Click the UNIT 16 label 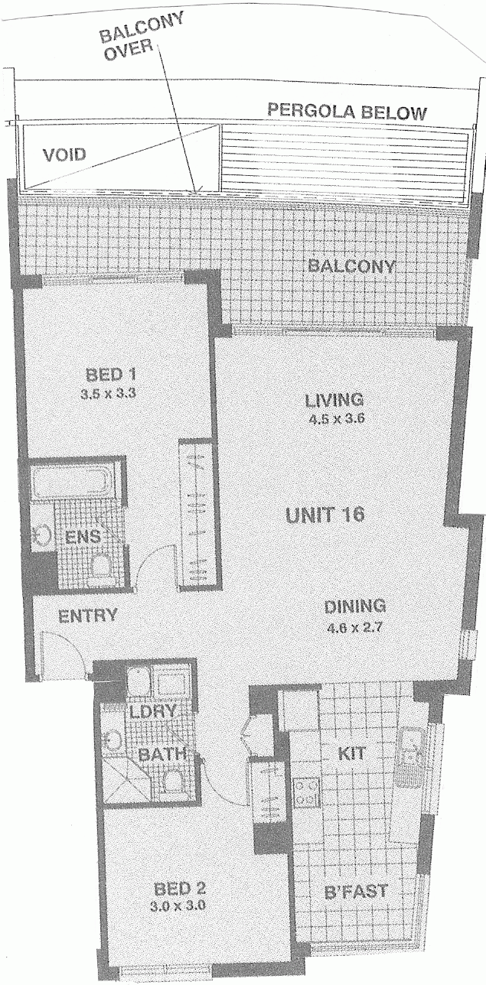pyautogui.click(x=325, y=515)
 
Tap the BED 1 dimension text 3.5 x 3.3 pyautogui.click(x=108, y=394)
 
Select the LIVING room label pyautogui.click(x=334, y=400)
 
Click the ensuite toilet pyautogui.click(x=102, y=565)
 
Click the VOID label pyautogui.click(x=64, y=154)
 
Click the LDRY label pyautogui.click(x=153, y=711)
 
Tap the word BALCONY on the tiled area pyautogui.click(x=351, y=266)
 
